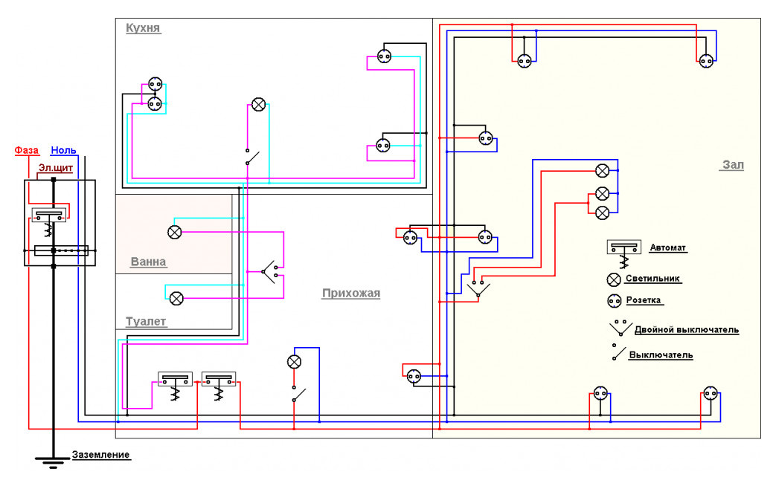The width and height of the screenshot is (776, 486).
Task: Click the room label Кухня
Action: (x=144, y=28)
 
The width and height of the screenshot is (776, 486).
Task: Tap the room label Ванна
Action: (x=148, y=262)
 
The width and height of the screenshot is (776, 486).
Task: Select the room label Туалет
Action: (x=146, y=322)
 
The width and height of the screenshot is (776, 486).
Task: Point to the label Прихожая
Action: (x=350, y=293)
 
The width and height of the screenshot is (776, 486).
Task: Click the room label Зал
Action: (x=732, y=165)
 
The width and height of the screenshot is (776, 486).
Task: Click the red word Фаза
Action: (x=27, y=150)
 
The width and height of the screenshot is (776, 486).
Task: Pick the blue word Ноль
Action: (x=63, y=150)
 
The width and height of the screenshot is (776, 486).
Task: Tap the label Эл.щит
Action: (x=56, y=168)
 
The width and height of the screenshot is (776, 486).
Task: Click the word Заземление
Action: (x=100, y=455)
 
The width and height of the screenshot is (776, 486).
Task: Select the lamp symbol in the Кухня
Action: (x=258, y=105)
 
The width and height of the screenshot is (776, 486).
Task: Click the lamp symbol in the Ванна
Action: (x=174, y=232)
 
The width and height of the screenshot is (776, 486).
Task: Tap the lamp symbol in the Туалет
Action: (x=176, y=298)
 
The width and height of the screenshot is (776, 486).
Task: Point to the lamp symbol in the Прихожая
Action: (x=295, y=362)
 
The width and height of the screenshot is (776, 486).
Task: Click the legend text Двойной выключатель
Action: (x=686, y=329)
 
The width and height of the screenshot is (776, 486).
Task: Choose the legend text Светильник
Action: (x=653, y=279)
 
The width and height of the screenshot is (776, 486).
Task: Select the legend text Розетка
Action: (x=644, y=301)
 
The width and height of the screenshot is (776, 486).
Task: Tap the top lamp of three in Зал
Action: (x=603, y=170)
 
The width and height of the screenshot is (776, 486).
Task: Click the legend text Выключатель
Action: (x=661, y=354)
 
